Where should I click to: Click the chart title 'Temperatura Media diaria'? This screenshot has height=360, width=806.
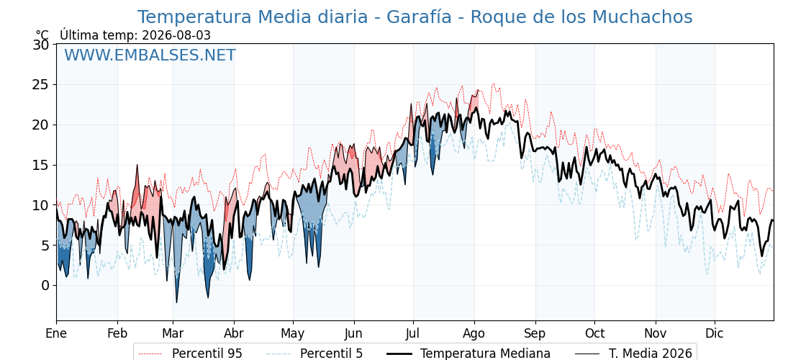[253, 17]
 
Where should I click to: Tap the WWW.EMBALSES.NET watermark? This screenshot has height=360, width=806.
[150, 55]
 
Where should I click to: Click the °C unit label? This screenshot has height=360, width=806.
[42, 35]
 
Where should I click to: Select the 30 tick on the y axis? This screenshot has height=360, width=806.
[41, 45]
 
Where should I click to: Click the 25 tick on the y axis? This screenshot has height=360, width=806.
[41, 85]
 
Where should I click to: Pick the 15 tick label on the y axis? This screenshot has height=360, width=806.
[41, 165]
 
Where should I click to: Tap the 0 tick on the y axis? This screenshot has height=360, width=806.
[45, 285]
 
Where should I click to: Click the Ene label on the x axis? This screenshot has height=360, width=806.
[57, 334]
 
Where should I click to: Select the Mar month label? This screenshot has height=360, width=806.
[173, 334]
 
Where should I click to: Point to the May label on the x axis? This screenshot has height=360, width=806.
[293, 334]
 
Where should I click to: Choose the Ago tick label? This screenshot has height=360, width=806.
[474, 334]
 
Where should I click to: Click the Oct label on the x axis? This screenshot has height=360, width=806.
[594, 334]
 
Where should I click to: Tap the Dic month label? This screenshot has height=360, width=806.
[715, 334]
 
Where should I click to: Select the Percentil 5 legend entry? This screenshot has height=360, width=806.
[314, 354]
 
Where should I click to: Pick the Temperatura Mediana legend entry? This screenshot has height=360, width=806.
[468, 354]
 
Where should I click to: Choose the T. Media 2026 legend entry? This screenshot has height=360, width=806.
[634, 354]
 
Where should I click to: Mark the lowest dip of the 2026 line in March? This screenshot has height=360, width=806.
[176, 302]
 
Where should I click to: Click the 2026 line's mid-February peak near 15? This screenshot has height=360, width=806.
[137, 165]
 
